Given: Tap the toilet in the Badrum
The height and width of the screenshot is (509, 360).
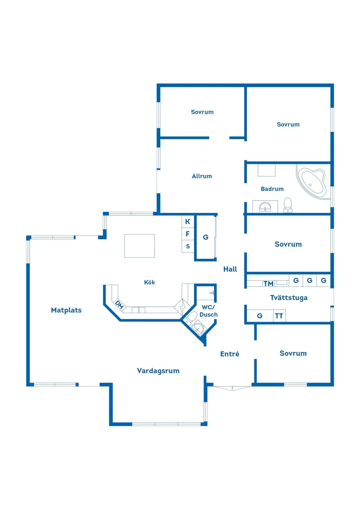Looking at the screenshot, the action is [288, 205].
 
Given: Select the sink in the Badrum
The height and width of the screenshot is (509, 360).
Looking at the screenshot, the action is [265, 206].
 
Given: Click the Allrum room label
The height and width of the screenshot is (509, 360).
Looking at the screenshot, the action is [202, 176].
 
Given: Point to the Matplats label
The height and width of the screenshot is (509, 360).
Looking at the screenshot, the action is [66, 310].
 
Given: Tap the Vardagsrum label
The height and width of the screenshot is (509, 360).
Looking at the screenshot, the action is [158, 371].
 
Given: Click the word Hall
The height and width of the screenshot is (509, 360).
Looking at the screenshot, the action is [230, 269].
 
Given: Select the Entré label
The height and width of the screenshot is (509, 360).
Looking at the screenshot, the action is [230, 354].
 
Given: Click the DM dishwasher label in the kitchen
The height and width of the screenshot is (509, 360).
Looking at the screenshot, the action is [120, 305].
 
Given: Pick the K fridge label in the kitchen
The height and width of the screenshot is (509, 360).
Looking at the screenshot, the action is [188, 222].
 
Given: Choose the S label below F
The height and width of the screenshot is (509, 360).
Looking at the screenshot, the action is [188, 246].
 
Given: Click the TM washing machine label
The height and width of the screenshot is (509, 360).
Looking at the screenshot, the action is [268, 284].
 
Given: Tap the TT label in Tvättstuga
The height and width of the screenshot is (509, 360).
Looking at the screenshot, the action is [279, 316].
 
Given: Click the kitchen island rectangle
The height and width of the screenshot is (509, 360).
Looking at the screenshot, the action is [139, 246].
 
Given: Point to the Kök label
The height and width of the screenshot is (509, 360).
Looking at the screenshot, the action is [150, 283].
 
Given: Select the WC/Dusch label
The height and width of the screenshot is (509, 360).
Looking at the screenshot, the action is [209, 311].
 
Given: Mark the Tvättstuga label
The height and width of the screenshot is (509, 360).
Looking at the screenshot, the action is [289, 297].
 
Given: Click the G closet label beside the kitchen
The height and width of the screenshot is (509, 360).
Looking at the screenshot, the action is [206, 237].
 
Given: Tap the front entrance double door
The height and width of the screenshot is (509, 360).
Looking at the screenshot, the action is [233, 388].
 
